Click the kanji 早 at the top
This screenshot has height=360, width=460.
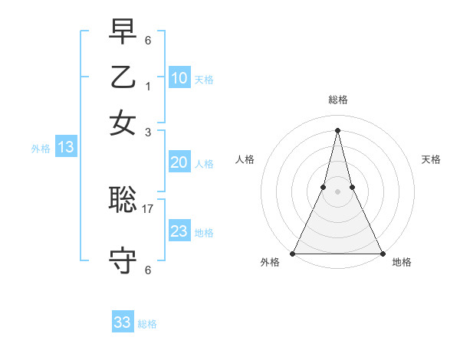coord(123,33)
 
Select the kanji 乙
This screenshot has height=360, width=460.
coord(123,77)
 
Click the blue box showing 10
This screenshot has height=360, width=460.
coord(179,78)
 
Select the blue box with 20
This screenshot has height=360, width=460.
coord(179,162)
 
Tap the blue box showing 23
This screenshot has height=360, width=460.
coord(179,231)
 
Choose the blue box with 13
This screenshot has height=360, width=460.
coord(65,147)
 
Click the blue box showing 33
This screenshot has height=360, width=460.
coord(123,322)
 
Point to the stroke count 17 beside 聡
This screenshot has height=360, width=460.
coord(148,208)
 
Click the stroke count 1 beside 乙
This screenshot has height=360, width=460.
coord(148,86)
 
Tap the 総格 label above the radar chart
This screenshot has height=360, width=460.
coord(337,100)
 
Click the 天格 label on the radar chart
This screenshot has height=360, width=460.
coord(431,159)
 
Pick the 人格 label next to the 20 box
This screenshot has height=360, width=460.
coord(204,163)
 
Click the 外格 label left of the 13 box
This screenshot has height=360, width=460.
coord(40,149)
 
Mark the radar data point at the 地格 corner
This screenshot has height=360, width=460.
coord(381,253)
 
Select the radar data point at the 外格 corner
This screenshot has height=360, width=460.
coord(293,253)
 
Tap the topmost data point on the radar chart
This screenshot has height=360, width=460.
coord(337,129)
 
